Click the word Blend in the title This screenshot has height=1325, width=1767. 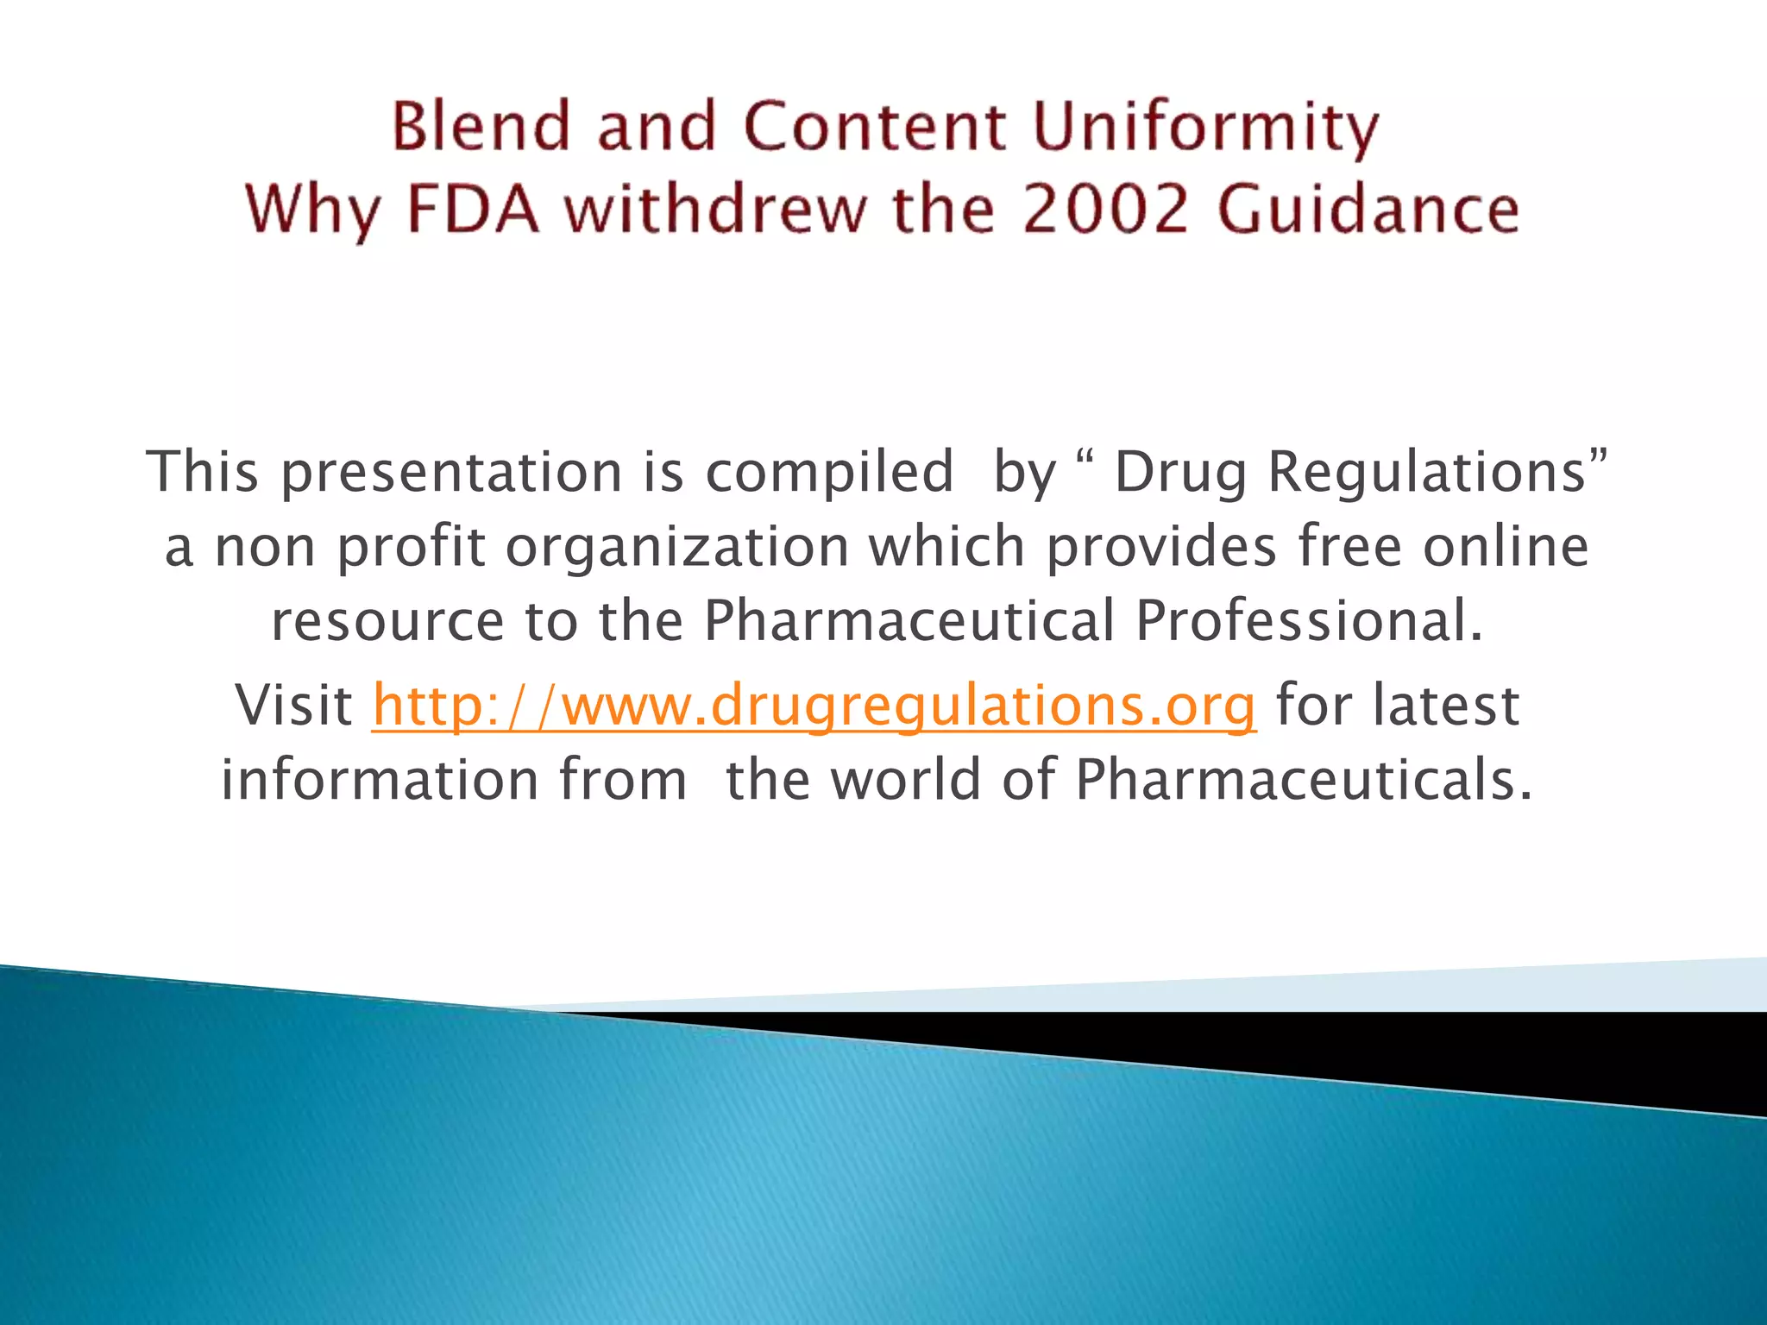pyautogui.click(x=481, y=126)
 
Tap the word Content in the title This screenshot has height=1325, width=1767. pyautogui.click(x=874, y=126)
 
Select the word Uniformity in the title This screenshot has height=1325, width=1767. pyautogui.click(x=1205, y=128)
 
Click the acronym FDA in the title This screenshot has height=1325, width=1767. pyautogui.click(x=473, y=210)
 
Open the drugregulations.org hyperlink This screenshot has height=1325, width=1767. pyautogui.click(x=814, y=706)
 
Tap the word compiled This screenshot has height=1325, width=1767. pyautogui.click(x=829, y=473)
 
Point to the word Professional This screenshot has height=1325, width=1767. pyautogui.click(x=1307, y=621)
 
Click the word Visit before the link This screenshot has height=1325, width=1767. pyautogui.click(x=293, y=706)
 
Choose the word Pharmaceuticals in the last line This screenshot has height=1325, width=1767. pyautogui.click(x=1303, y=780)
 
